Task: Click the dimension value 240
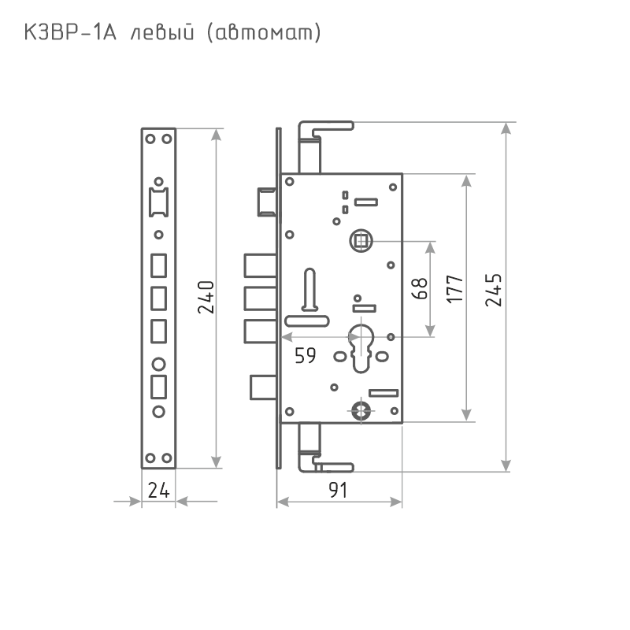(x=206, y=298)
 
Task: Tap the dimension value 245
(x=494, y=290)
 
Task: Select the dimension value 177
(x=455, y=289)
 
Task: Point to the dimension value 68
(x=420, y=288)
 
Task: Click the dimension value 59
(x=306, y=356)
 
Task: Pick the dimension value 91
(x=338, y=490)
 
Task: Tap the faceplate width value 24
(x=159, y=490)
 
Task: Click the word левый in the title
(x=162, y=33)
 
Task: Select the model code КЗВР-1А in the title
(x=70, y=32)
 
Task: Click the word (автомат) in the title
(x=264, y=33)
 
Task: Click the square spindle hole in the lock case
(x=361, y=241)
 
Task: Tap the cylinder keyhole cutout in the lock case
(x=361, y=348)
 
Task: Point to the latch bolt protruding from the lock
(x=267, y=202)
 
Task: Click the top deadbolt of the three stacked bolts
(x=261, y=265)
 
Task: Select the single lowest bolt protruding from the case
(x=263, y=387)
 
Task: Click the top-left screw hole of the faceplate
(x=150, y=139)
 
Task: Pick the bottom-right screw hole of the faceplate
(x=167, y=458)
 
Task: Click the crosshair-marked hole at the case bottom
(x=361, y=410)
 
